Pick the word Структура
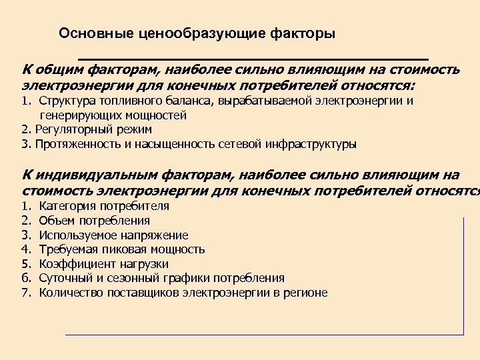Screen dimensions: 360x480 coord(65,101)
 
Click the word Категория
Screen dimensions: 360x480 coord(65,206)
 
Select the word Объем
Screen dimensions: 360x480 coord(57,221)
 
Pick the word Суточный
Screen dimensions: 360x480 coord(65,278)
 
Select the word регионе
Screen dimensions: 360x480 coord(306,293)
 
